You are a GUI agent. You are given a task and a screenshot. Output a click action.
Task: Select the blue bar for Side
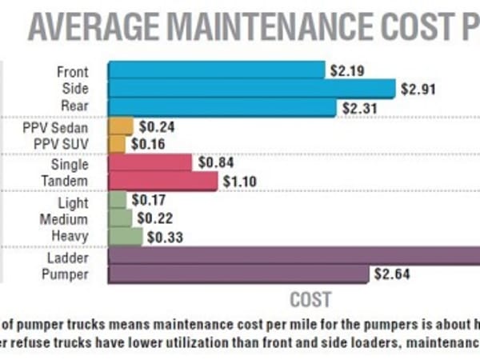tap(251, 88)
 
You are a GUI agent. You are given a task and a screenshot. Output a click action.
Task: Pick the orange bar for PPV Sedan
tap(120, 126)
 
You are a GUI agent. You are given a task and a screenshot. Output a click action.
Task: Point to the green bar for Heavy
tap(125, 236)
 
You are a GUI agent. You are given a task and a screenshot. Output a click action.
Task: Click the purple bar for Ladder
tap(293, 256)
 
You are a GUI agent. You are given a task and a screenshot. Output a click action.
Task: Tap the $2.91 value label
tap(419, 89)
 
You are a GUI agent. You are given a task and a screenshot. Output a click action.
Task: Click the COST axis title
tap(310, 300)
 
